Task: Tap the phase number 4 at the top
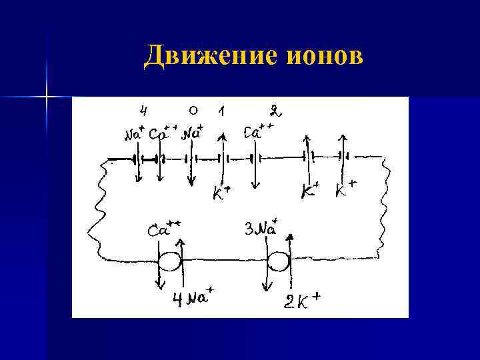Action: (143, 109)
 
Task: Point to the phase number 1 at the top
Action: (221, 110)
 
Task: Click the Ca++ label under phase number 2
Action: (257, 131)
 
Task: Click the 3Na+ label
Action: (261, 229)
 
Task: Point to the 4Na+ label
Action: (190, 297)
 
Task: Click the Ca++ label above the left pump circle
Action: (164, 229)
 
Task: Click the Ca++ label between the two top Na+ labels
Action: (163, 134)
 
